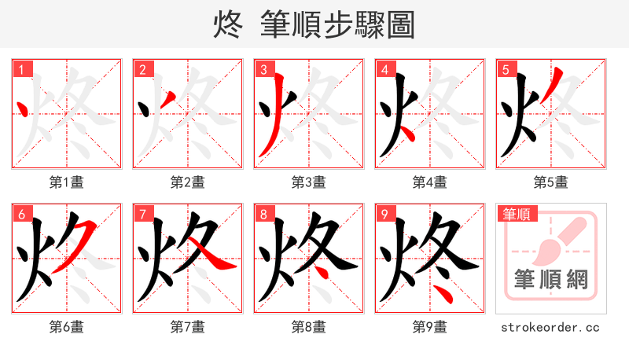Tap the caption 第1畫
(x=67, y=182)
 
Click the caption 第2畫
(x=188, y=182)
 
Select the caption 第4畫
(x=430, y=182)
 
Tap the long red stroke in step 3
(x=273, y=126)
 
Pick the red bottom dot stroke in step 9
(x=444, y=296)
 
